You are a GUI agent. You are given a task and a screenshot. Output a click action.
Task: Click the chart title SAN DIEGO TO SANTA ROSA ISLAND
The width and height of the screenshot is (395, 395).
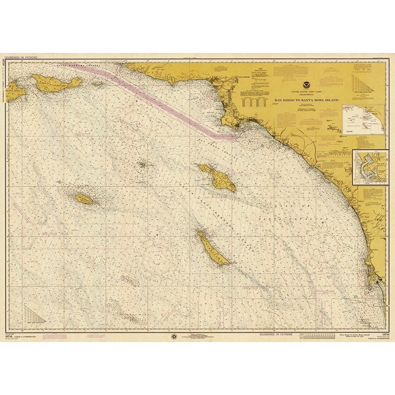coord(307,101)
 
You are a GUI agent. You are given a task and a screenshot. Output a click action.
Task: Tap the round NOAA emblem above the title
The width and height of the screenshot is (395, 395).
coord(307,84)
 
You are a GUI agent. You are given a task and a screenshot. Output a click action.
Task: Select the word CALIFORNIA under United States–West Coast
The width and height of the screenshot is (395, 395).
coord(307,95)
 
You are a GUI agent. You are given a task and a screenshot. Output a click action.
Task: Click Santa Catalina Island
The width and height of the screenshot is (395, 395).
coord(219,177)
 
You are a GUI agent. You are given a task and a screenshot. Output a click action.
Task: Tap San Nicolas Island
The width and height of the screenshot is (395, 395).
coord(85,199)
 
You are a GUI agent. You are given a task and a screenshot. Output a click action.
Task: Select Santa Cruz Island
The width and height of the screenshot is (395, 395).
coord(57,83)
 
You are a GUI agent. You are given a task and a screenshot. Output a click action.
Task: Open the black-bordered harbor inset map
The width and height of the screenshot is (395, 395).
coord(368,167)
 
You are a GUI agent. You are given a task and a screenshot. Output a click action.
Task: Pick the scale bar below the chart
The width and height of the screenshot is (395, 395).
coord(316,337)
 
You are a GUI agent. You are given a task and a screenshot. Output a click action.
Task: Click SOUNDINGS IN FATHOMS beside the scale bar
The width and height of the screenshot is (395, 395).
coord(276,335)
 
